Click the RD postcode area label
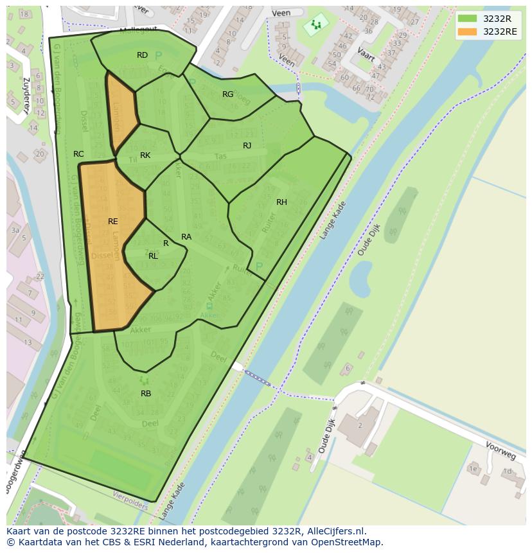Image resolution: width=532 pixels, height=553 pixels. [x=143, y=55]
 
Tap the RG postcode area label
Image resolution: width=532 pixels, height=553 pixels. [x=228, y=94]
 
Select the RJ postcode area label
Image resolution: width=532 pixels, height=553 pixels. [x=247, y=146]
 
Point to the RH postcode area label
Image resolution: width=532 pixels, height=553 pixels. [x=281, y=202]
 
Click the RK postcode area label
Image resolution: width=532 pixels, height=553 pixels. [x=145, y=155]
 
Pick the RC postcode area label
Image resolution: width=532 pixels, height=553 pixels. [x=78, y=154]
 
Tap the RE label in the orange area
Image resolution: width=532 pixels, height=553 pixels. [x=113, y=222]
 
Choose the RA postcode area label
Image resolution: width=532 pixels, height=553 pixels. [x=186, y=237]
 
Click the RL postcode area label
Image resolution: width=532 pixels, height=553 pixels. [x=153, y=256]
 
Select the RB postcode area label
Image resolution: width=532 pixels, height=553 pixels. [x=146, y=393]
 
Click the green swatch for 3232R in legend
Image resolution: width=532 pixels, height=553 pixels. [x=468, y=19]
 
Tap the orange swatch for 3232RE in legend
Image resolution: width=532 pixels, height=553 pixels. [x=468, y=31]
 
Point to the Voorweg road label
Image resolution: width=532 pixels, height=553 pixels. [x=501, y=452]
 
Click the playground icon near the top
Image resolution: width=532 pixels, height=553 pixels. [x=315, y=25]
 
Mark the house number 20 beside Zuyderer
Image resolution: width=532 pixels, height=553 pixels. [x=40, y=154]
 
